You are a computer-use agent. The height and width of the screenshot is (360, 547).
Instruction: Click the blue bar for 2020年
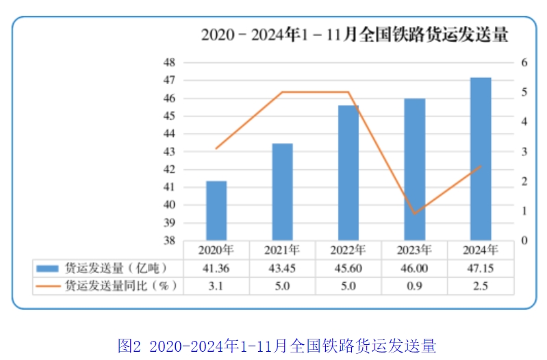(x=216, y=211)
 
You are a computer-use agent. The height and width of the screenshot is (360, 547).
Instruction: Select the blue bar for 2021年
(x=282, y=192)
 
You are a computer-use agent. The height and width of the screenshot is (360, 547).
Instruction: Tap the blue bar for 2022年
(x=348, y=173)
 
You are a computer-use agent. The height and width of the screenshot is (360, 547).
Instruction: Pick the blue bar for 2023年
(x=414, y=170)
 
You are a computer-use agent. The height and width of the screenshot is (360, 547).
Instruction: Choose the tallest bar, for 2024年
(x=480, y=159)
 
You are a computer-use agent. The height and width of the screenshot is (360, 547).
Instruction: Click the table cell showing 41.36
(x=216, y=268)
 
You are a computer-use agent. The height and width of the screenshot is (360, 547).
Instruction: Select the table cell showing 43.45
(x=282, y=268)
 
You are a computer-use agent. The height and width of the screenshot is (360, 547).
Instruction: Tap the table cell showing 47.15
(x=480, y=268)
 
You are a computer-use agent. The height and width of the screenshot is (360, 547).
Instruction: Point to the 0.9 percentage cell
(x=414, y=286)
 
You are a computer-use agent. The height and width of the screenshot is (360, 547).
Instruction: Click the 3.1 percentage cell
(x=216, y=286)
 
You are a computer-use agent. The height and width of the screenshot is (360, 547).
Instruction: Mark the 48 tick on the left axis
(x=169, y=62)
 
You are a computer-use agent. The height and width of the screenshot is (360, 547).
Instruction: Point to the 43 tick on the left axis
(x=169, y=151)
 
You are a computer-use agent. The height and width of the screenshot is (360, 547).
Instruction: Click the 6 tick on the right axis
(x=524, y=62)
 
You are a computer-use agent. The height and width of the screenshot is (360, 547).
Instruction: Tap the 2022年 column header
(x=348, y=249)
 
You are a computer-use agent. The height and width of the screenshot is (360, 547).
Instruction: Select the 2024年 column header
(x=480, y=249)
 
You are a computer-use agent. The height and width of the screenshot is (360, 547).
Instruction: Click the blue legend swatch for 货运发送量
(x=48, y=268)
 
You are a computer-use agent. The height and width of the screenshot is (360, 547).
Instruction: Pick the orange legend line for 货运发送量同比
(x=48, y=286)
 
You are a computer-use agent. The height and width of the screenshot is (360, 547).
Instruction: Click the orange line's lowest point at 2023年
(x=414, y=214)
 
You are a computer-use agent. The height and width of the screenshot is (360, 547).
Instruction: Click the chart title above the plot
(x=355, y=34)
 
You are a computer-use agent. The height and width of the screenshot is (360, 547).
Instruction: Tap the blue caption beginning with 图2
(x=277, y=345)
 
